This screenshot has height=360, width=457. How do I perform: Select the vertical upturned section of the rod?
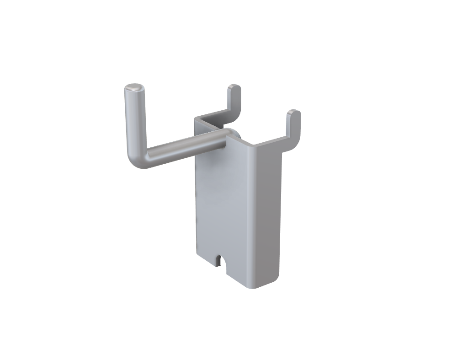[x=135, y=119]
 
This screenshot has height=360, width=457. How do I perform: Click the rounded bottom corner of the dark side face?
[x=272, y=280]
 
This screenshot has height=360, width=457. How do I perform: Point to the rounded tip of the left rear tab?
[x=234, y=86]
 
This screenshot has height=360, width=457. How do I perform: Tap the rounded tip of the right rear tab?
[x=294, y=112]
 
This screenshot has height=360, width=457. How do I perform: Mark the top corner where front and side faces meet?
[x=250, y=143]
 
